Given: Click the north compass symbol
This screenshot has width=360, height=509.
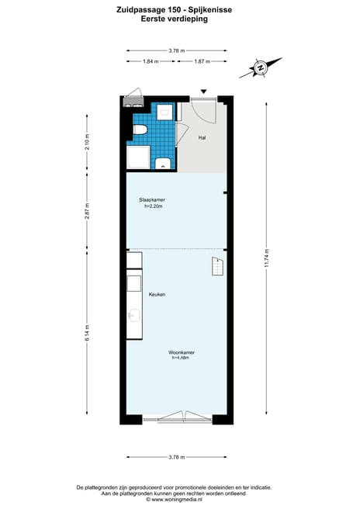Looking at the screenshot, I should [x=259, y=69].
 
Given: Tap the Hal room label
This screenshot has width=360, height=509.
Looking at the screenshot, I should [x=202, y=137].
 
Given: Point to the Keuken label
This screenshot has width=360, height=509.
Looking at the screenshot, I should [x=157, y=295].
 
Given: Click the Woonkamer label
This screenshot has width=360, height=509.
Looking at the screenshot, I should [x=181, y=353].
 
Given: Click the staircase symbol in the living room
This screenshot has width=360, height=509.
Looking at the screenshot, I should [x=216, y=268].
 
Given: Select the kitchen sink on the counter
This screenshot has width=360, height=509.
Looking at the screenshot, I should [x=133, y=316].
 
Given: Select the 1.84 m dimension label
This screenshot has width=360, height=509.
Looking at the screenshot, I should [x=151, y=61].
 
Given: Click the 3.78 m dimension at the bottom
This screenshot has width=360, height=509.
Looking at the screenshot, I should [x=177, y=457].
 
